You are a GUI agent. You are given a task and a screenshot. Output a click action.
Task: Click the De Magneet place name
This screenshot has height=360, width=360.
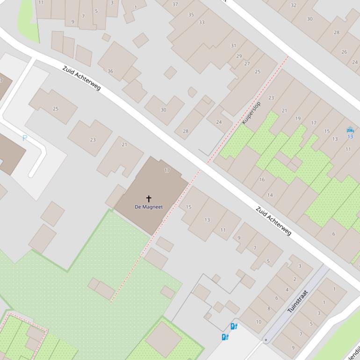coord(149,207)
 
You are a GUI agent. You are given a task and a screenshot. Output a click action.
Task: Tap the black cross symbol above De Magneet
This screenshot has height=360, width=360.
coord(149,199)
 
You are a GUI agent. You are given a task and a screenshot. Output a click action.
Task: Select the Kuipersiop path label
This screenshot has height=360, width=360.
coord(251,113)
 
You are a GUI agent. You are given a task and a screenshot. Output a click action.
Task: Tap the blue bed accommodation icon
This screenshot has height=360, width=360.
coord(350,130)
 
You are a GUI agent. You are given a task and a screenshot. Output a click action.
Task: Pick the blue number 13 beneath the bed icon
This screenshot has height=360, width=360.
coord(350,137)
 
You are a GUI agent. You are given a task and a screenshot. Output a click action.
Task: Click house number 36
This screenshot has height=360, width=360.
coord(110,71)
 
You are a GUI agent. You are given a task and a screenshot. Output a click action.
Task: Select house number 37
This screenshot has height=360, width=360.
coord(175,4)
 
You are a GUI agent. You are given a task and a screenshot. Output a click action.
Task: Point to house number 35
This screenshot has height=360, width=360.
coord(191,14)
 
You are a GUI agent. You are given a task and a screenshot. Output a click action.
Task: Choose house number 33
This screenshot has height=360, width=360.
coord(202,22)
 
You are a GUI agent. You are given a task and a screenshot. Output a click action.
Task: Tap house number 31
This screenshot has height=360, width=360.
coord(233,45)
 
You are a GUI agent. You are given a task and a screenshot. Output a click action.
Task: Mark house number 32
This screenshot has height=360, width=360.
coord(293,5)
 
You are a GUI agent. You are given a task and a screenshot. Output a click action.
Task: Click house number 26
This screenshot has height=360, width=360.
coord(344,52)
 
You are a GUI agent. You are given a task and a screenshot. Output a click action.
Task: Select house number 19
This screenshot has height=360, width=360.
coord(298,118)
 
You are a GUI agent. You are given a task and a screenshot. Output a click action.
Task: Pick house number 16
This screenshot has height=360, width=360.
coord(262,180)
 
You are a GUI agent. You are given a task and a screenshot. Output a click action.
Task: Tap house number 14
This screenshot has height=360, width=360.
coord(270,195)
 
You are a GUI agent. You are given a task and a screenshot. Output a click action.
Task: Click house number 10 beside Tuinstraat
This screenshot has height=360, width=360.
coord(259,322)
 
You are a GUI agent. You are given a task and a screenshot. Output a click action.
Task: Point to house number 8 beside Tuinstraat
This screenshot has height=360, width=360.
coord(268,309)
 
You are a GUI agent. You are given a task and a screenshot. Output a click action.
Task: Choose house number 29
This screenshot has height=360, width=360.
coord(239,56)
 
